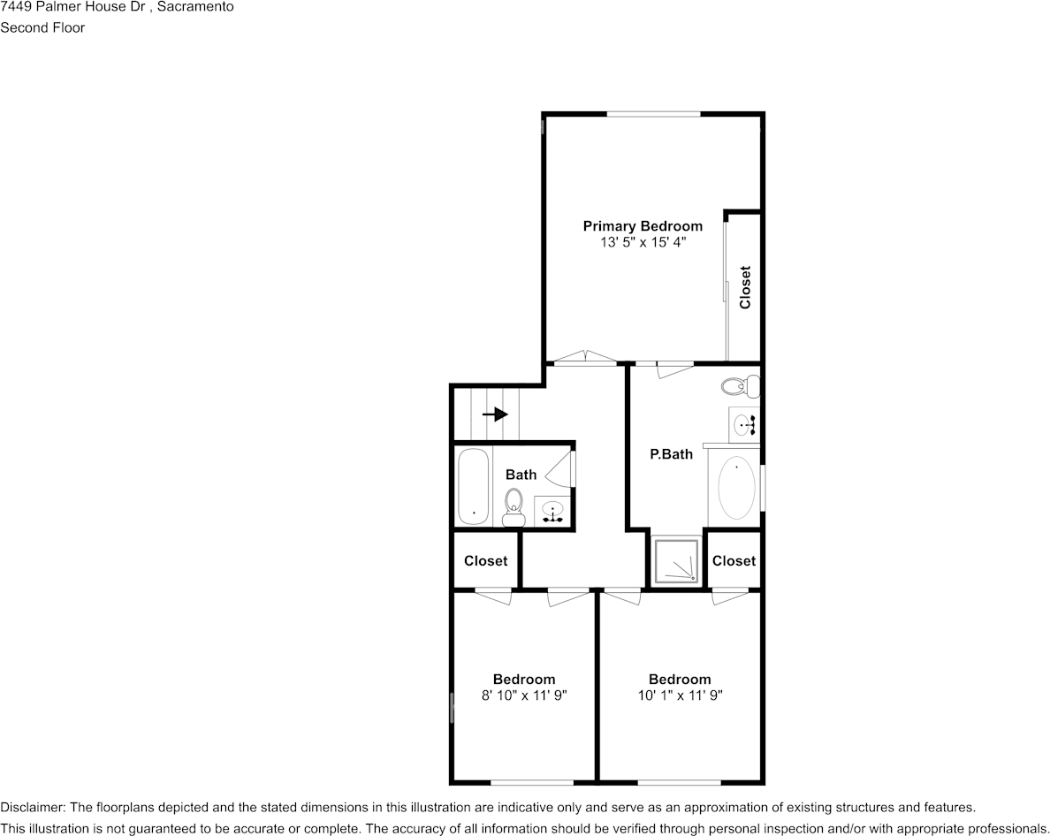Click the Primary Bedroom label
(643, 226)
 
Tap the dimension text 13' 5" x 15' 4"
(643, 241)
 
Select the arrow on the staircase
(495, 414)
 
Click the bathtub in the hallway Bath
(473, 487)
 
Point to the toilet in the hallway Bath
(513, 507)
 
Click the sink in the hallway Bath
(553, 512)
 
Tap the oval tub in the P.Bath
(738, 487)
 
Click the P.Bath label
(672, 454)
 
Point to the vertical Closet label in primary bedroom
(745, 287)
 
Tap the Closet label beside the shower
(734, 560)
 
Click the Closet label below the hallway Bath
(485, 560)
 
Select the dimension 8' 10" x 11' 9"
(524, 695)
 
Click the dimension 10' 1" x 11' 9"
(680, 695)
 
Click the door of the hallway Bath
(562, 468)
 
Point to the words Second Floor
(42, 27)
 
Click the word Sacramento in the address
(195, 7)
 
